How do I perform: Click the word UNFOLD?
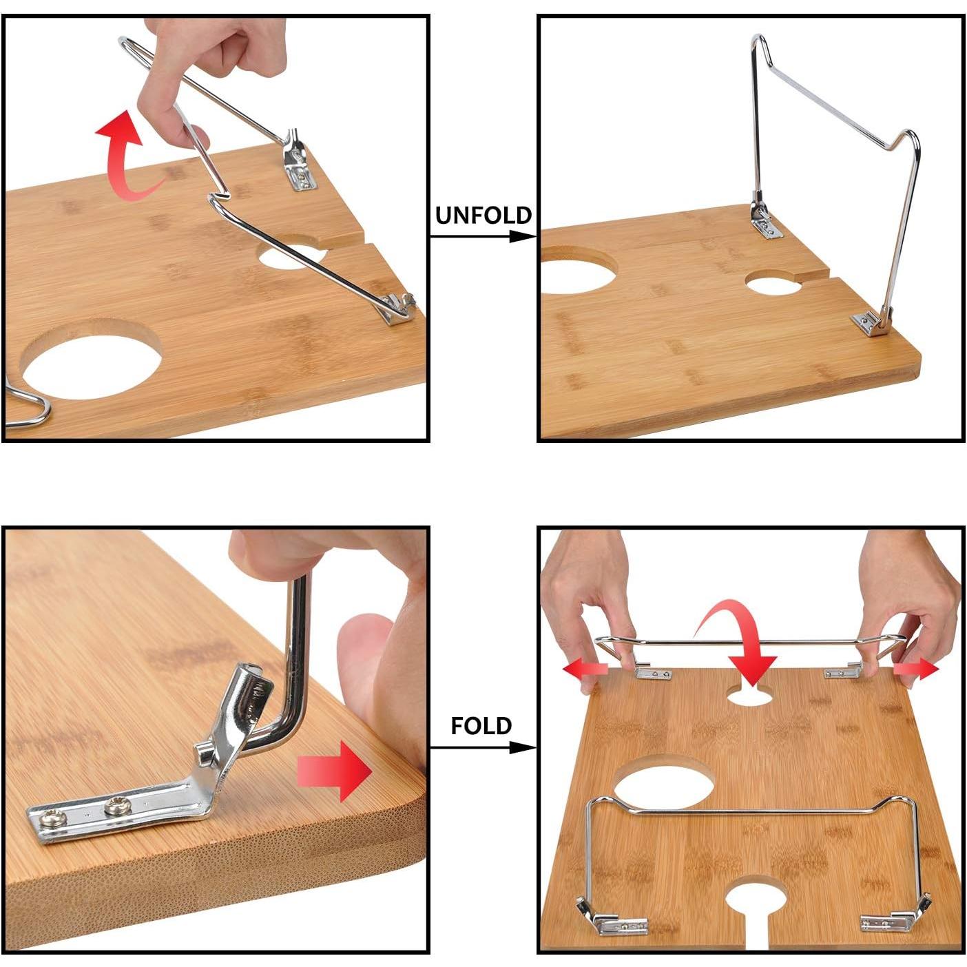click(483, 216)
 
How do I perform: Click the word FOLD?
click(481, 726)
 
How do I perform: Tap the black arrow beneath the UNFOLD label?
click(482, 237)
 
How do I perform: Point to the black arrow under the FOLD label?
click(482, 748)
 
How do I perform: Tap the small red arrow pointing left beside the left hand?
click(585, 669)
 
